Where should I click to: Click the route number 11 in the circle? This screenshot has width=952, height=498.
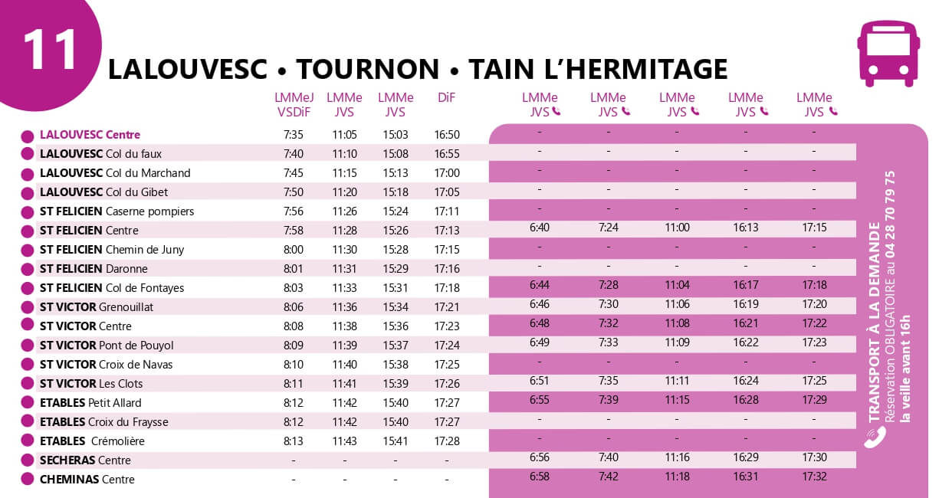coord(51,49)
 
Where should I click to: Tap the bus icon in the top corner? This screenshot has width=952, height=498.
coord(888,53)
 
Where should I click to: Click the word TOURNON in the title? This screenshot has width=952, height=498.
coord(368,70)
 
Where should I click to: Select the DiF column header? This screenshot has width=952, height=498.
coord(446,98)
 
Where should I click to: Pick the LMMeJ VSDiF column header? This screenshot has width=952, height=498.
coord(294,105)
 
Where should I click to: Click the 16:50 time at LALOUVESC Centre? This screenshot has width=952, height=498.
coord(446,135)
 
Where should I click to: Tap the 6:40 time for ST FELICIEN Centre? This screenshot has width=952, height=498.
coord(540,228)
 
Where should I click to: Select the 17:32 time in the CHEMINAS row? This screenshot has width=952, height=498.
coord(814,477)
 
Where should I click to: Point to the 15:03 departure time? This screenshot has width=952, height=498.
coord(395,135)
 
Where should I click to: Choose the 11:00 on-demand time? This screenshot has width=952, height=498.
coord(677,228)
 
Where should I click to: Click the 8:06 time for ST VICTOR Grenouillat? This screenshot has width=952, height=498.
coord(294,307)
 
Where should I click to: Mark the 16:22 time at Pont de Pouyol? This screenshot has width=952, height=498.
coord(745,342)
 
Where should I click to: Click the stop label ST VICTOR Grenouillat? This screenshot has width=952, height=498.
coord(97,307)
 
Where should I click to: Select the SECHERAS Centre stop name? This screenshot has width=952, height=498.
coord(85,460)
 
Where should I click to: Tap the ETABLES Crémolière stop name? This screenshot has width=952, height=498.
coord(92,441)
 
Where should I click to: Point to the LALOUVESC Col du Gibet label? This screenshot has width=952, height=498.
coord(103,192)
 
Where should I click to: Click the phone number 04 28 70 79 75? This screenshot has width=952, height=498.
coord(889,214)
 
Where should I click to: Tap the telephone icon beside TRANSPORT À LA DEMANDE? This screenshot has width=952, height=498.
coord(875,437)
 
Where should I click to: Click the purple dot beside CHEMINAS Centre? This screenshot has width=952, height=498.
coord(27,480)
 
